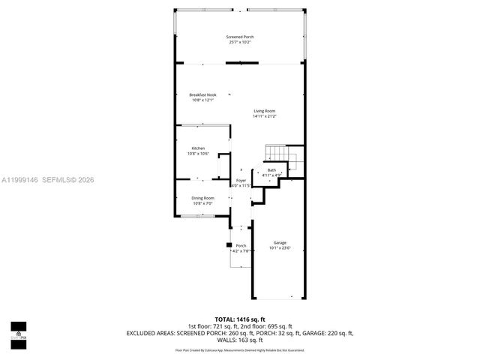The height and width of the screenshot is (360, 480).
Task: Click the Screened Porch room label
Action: coord(239,37)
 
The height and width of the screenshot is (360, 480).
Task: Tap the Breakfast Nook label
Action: coord(202,95)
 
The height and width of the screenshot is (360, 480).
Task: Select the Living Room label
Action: coord(264,111)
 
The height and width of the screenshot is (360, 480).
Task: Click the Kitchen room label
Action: coord(198,148)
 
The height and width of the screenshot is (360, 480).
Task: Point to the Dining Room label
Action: coord(203,198)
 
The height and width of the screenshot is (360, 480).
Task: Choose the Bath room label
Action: coord(271,170)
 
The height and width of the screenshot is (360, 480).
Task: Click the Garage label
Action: coord(280,243)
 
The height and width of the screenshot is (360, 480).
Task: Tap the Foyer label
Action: coord(241,181)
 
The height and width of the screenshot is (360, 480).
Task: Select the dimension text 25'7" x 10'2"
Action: coord(239,42)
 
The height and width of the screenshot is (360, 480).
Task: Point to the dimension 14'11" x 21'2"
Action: coord(264,116)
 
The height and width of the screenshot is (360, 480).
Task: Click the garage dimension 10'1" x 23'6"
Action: coord(280,248)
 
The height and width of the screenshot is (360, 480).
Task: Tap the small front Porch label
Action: coord(241,246)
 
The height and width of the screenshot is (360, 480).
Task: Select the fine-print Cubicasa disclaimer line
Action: coord(240,349)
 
